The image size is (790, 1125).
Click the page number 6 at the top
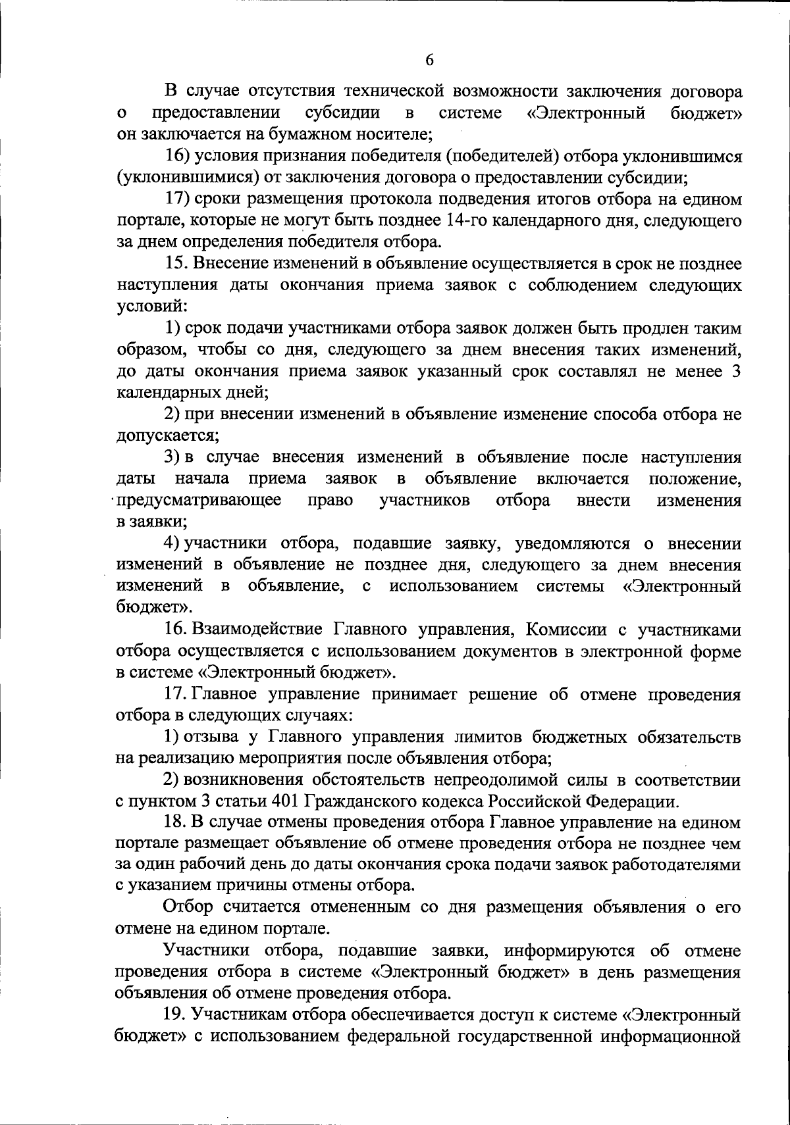429,60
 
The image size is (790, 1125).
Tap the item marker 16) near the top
178,157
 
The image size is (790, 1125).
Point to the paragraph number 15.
177,264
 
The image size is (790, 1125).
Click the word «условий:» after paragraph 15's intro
151,307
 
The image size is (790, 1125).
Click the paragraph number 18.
176,822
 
